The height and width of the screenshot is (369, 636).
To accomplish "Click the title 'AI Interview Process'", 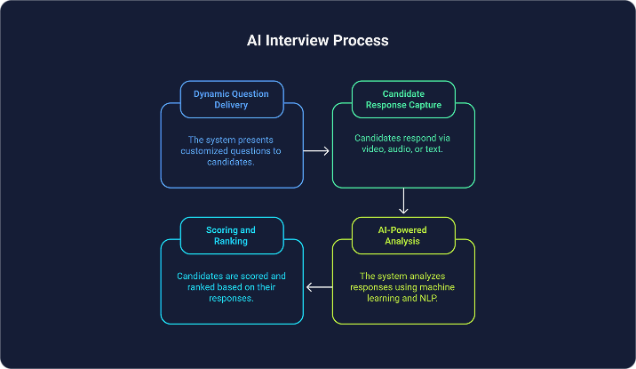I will click(317, 41).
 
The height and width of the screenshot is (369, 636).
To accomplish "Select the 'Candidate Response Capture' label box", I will click(403, 98).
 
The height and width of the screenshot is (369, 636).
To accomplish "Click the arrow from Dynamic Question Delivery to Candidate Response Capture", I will click(317, 151).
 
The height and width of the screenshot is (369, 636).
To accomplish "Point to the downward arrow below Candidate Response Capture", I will click(403, 201).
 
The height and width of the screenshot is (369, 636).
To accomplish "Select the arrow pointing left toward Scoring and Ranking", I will click(318, 287).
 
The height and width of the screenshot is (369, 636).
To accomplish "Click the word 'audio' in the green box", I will click(400, 151).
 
